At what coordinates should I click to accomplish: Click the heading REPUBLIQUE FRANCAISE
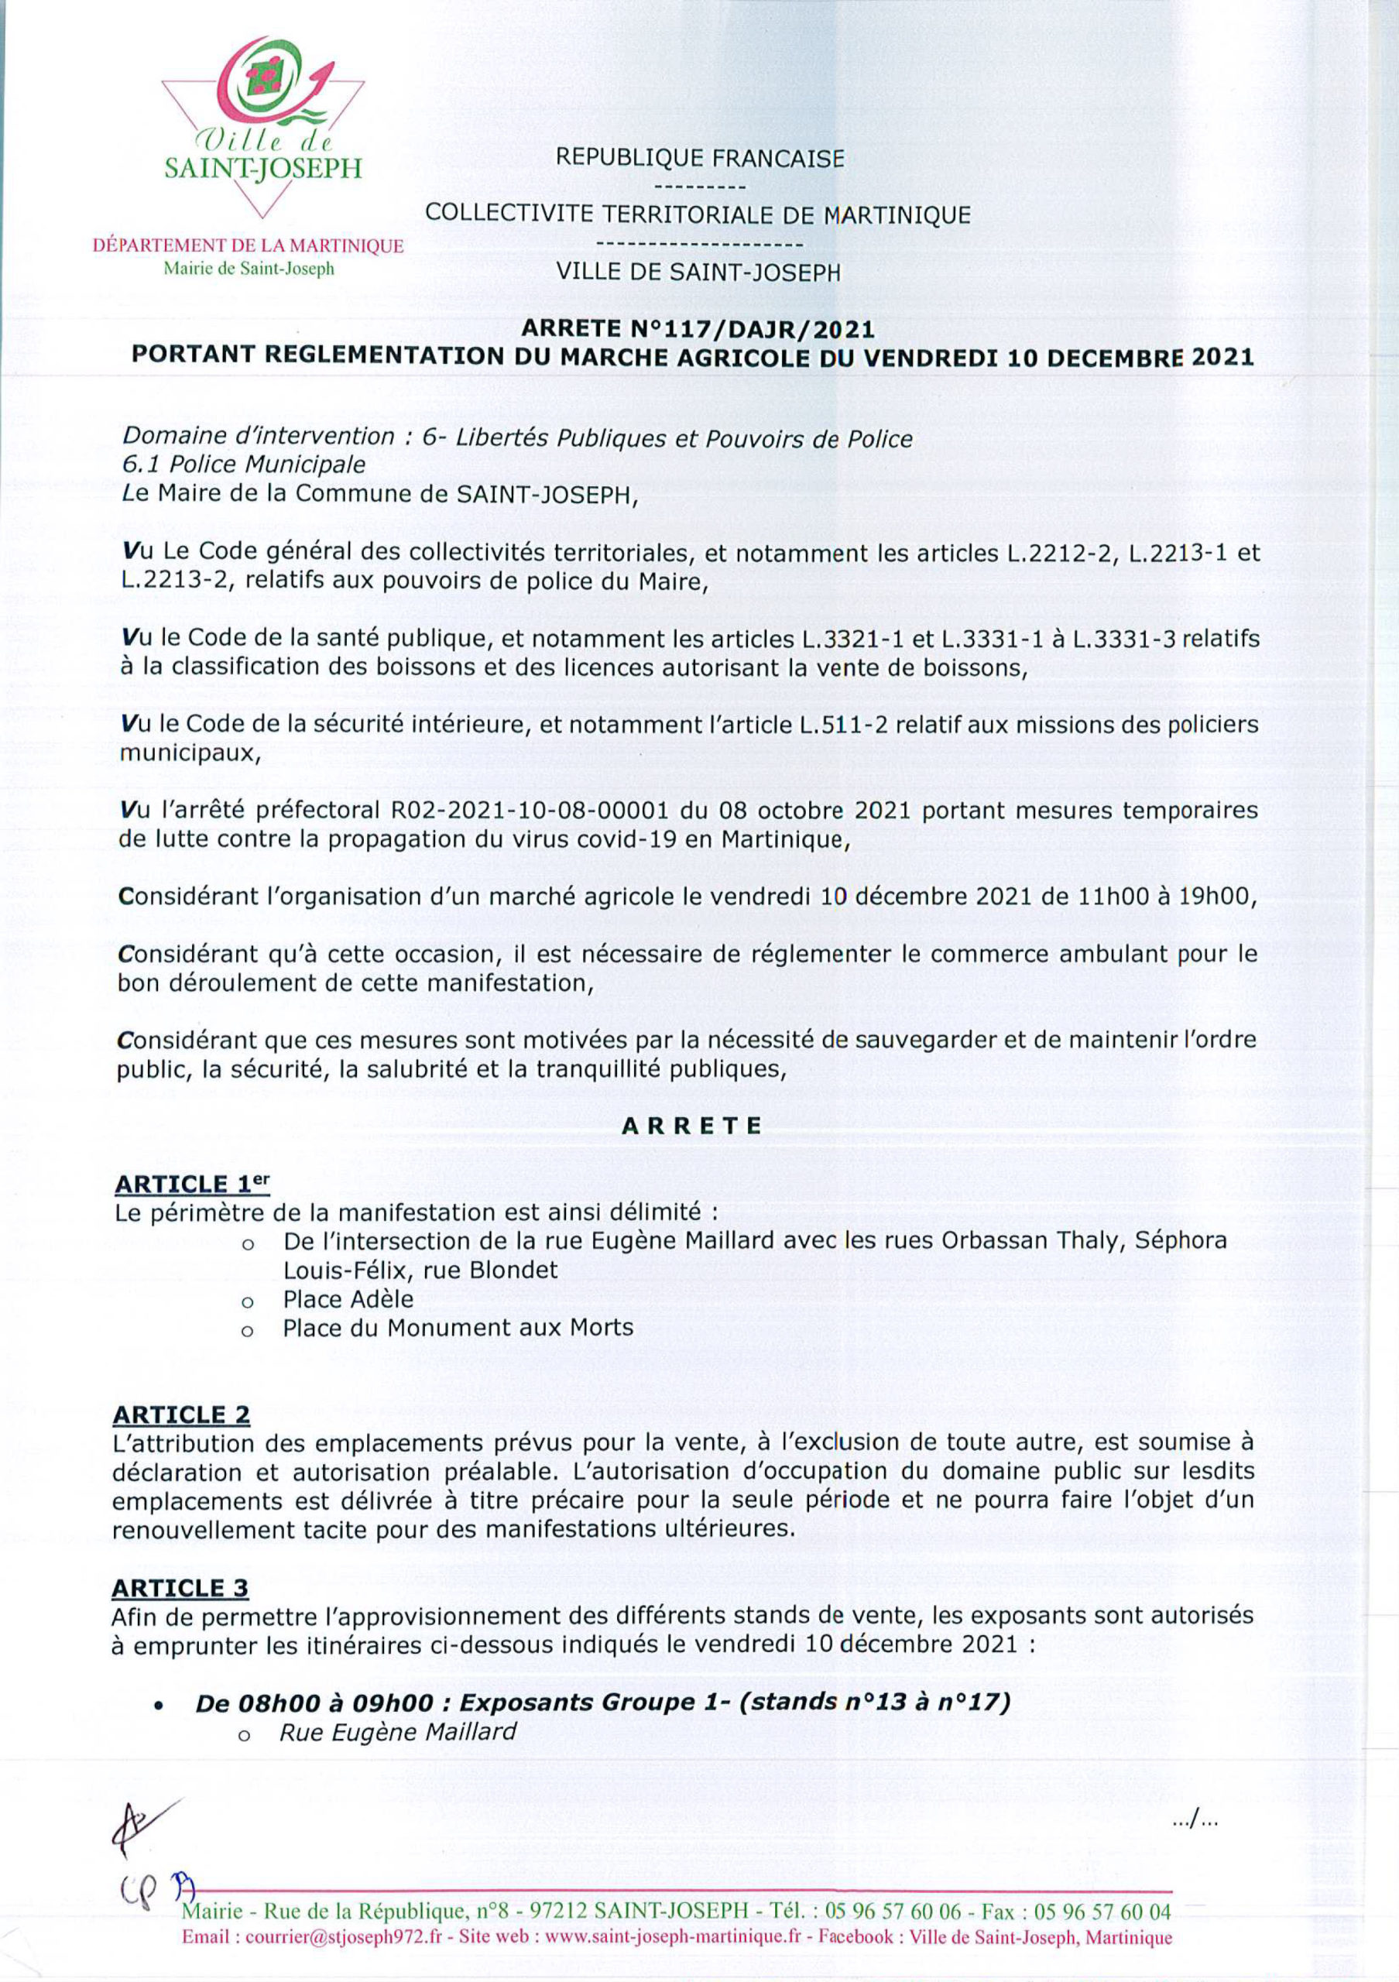(700, 158)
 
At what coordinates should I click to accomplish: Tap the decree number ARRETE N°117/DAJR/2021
(698, 329)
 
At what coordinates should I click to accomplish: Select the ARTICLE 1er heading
(191, 1184)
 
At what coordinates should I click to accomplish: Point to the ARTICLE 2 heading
(181, 1414)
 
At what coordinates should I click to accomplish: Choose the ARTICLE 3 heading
(180, 1589)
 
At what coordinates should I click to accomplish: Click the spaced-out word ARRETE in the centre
(692, 1126)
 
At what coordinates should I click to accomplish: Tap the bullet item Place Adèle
(348, 1298)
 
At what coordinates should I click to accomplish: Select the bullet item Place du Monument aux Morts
(458, 1328)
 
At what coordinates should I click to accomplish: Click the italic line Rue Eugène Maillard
(398, 1733)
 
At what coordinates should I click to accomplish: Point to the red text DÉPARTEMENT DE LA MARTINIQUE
(249, 246)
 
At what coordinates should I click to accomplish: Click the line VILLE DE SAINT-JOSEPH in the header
(698, 272)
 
